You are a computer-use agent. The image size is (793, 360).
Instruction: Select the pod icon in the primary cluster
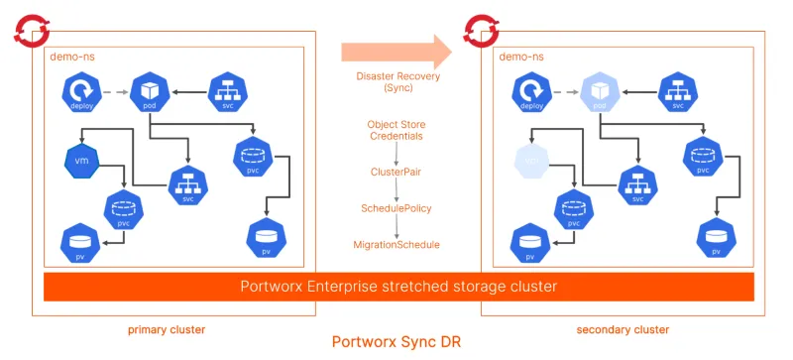coord(149,91)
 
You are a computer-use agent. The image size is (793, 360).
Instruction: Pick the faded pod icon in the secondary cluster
coord(599,91)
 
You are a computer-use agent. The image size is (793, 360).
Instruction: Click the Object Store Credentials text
coord(396,129)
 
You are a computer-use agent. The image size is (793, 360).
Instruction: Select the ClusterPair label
coord(396,172)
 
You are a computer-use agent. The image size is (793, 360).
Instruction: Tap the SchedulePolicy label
coord(396,208)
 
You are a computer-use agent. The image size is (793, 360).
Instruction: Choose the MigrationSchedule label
coord(396,244)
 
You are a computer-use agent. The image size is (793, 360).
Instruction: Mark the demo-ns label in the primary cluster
coord(70,58)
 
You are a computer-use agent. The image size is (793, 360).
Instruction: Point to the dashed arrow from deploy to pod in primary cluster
coord(118,92)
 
